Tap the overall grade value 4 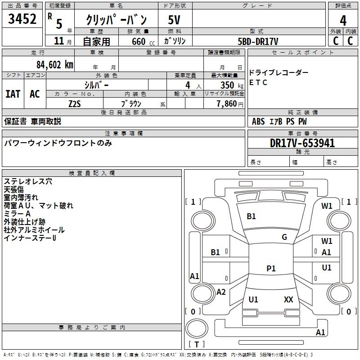(x=343, y=20)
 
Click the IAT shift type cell (x=13, y=94)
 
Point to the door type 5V (x=175, y=20)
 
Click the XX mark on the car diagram (x=288, y=299)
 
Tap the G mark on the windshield (x=284, y=237)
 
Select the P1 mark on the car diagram (x=271, y=268)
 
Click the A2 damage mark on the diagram (x=221, y=292)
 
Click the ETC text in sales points (x=258, y=82)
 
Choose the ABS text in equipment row (x=258, y=121)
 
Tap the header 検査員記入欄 (x=92, y=173)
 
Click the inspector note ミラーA (x=17, y=214)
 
